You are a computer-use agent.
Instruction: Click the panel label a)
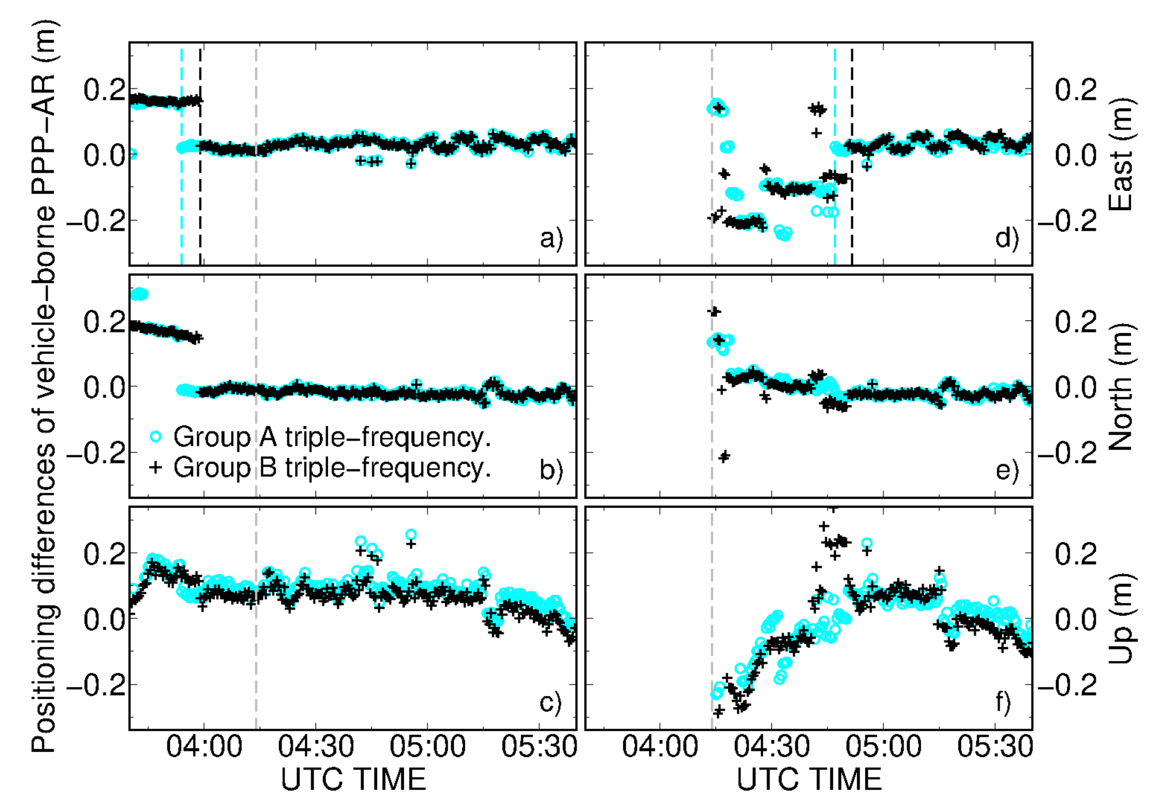[551, 238]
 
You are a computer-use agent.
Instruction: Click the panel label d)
[1006, 238]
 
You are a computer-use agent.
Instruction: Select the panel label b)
[551, 470]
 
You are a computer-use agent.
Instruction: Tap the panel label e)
[1006, 470]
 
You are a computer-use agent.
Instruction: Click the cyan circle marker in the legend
[156, 436]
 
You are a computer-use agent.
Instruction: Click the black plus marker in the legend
[156, 467]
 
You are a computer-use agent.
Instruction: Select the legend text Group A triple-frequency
[332, 437]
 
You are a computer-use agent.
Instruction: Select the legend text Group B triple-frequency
[332, 468]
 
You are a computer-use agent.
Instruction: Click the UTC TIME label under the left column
[353, 779]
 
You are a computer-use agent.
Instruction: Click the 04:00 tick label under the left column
[204, 747]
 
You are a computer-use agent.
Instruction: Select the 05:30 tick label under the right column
[995, 747]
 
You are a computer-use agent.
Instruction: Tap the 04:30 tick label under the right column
[771, 747]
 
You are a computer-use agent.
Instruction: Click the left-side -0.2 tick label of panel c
[96, 684]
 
